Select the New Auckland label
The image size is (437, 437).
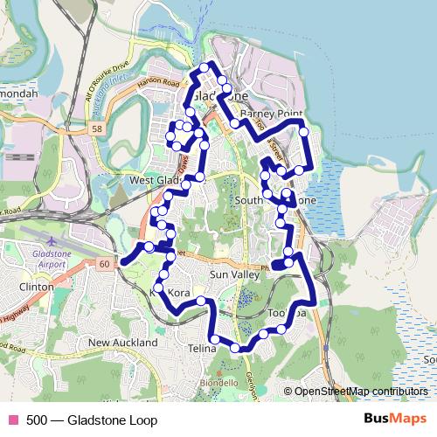[122, 343]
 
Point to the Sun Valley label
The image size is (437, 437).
[235, 274]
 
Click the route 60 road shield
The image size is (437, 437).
[104, 263]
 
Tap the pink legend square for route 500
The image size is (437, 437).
[11, 420]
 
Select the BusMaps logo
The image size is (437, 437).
[394, 419]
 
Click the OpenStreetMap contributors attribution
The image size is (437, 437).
[360, 392]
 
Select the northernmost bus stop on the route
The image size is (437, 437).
[205, 68]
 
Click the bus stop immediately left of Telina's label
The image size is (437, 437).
[213, 339]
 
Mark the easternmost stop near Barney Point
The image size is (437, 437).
[304, 131]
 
